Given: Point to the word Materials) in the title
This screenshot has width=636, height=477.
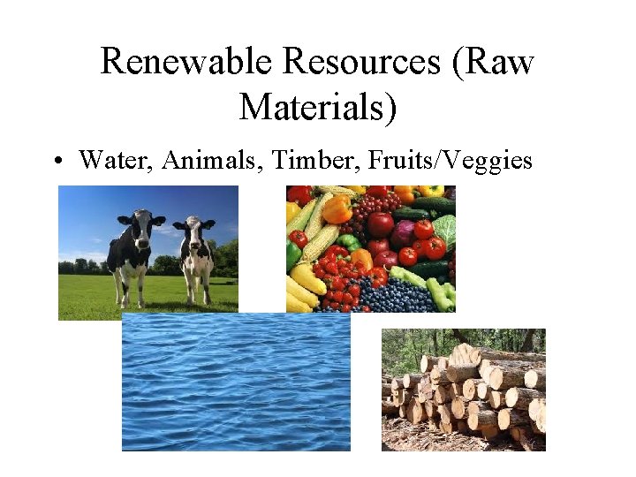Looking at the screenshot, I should (x=318, y=108).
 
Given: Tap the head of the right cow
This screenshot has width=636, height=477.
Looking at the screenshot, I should (x=191, y=232).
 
